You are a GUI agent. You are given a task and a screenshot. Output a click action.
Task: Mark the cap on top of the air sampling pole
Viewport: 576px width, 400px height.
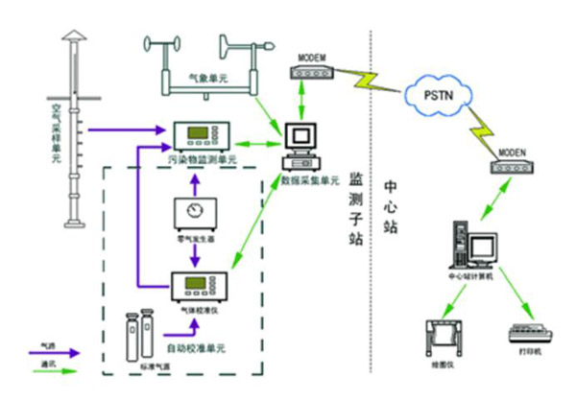[x=71, y=35]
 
